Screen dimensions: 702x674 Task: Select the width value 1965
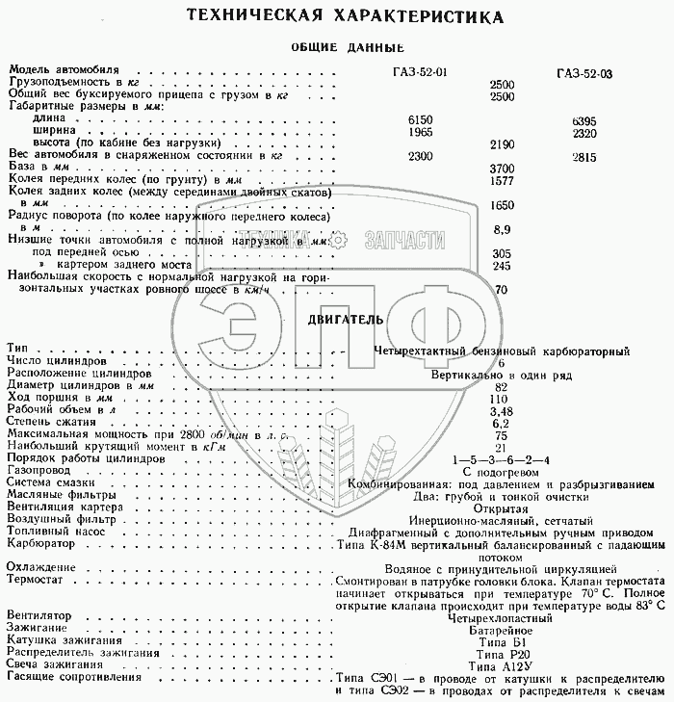pyautogui.click(x=409, y=131)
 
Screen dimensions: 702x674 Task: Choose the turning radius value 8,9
pyautogui.click(x=501, y=229)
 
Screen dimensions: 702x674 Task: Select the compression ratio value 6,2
pyautogui.click(x=499, y=422)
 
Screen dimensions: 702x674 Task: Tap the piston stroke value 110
pyautogui.click(x=499, y=398)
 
